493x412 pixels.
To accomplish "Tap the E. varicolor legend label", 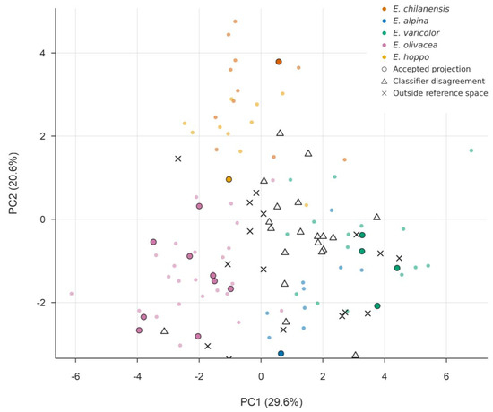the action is (x=416, y=32).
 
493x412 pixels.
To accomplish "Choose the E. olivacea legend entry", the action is (x=415, y=45).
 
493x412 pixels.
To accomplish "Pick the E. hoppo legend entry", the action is (x=411, y=57).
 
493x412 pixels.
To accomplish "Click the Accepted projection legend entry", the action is (x=432, y=69).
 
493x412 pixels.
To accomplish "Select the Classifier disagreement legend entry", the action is (x=438, y=82).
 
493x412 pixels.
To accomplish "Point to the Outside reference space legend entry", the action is (x=440, y=93).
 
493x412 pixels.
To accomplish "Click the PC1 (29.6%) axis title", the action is (x=272, y=402).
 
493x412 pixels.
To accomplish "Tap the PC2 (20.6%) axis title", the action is (x=13, y=184).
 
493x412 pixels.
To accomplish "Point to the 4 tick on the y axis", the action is (x=42, y=53).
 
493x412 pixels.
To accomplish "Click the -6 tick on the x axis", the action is (x=75, y=376).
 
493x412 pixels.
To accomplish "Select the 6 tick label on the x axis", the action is (x=446, y=376).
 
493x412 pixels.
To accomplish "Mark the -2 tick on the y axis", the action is (x=41, y=303).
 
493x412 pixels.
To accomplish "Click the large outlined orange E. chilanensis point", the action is (x=279, y=62).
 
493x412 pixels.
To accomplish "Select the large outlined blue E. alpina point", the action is (x=281, y=354).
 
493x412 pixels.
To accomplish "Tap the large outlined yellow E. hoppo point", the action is (x=229, y=179).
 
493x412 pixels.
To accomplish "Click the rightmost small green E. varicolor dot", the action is (x=471, y=150).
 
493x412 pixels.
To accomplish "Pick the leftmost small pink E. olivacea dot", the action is (x=72, y=294).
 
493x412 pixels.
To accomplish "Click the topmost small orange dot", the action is (x=235, y=21).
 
